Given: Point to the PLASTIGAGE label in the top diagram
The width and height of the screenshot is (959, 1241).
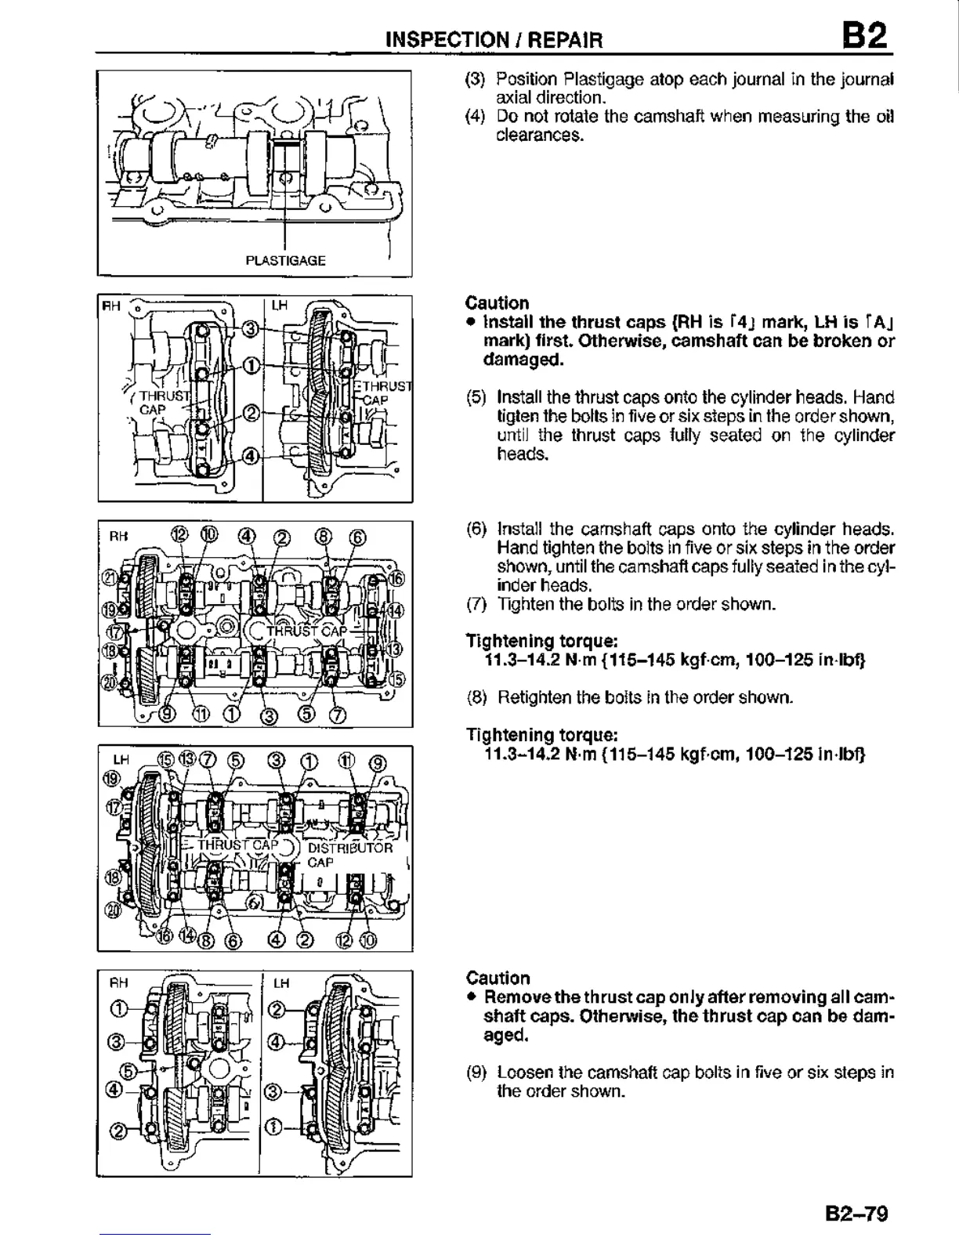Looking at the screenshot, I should pyautogui.click(x=285, y=260).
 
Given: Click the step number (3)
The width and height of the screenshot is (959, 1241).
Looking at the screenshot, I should pyautogui.click(x=476, y=80).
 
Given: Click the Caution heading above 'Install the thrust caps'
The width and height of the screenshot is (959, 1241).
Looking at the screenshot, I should pyautogui.click(x=497, y=303).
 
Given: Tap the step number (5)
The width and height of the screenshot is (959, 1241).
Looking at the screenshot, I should pyautogui.click(x=476, y=397).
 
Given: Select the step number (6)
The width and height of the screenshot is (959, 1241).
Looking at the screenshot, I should pyautogui.click(x=476, y=529).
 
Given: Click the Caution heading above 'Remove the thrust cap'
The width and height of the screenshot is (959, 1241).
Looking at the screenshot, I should pyautogui.click(x=498, y=978).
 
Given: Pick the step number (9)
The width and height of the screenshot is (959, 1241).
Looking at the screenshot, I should pyautogui.click(x=476, y=1073).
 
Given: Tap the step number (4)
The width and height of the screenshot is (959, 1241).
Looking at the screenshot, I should pyautogui.click(x=476, y=118).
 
